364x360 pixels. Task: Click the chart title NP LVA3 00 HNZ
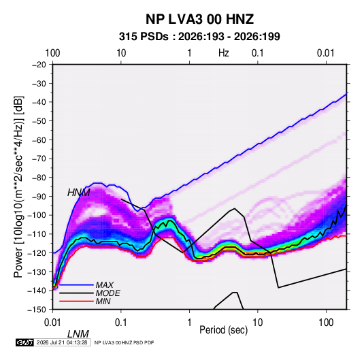click(x=199, y=19)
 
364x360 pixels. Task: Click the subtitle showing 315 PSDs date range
click(x=199, y=37)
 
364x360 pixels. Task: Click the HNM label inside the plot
click(x=79, y=193)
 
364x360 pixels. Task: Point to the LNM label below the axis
click(x=78, y=334)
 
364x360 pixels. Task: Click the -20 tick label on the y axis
click(x=39, y=65)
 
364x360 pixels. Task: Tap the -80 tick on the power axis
click(x=39, y=178)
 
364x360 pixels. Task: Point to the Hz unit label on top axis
click(x=224, y=53)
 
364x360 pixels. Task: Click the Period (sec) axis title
click(x=224, y=330)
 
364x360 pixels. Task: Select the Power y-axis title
click(x=18, y=186)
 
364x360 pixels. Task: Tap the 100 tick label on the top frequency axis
click(x=52, y=53)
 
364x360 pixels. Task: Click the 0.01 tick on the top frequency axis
click(x=325, y=53)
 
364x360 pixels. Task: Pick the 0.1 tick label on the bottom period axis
click(x=120, y=323)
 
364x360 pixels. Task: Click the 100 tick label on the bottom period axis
click(x=326, y=323)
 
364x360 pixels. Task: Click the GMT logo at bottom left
click(x=25, y=342)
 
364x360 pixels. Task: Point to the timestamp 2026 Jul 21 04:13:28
click(x=62, y=342)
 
